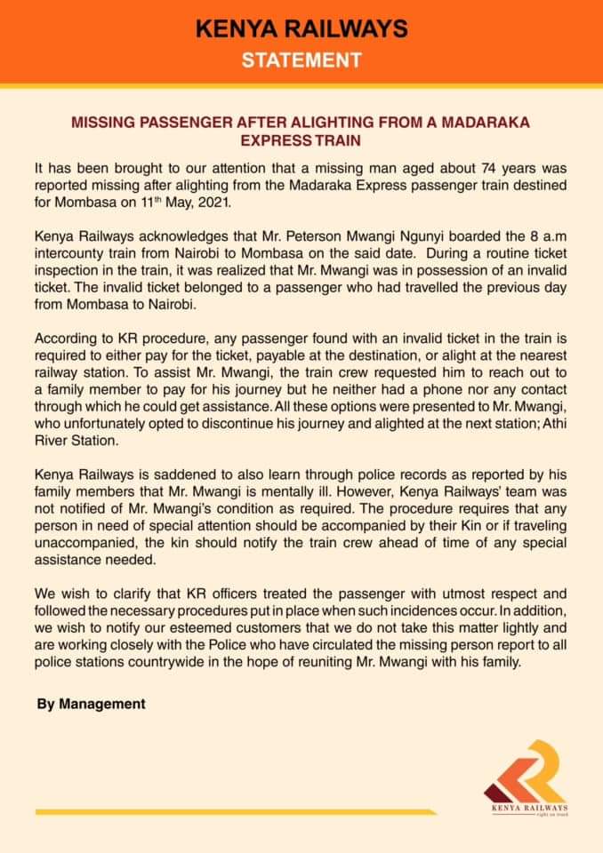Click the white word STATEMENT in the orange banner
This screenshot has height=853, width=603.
(x=301, y=60)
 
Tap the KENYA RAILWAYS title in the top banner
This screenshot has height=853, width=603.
(x=301, y=29)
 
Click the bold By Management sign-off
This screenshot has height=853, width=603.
(x=91, y=704)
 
